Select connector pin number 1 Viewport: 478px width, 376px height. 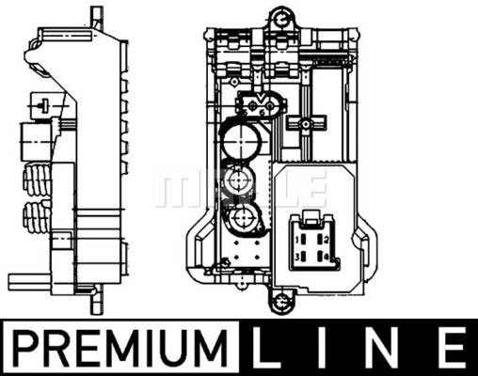point(297,241)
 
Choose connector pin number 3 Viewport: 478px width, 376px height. point(297,256)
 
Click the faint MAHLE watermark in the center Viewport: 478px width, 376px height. point(239,188)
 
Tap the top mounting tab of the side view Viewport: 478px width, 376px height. point(96,16)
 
